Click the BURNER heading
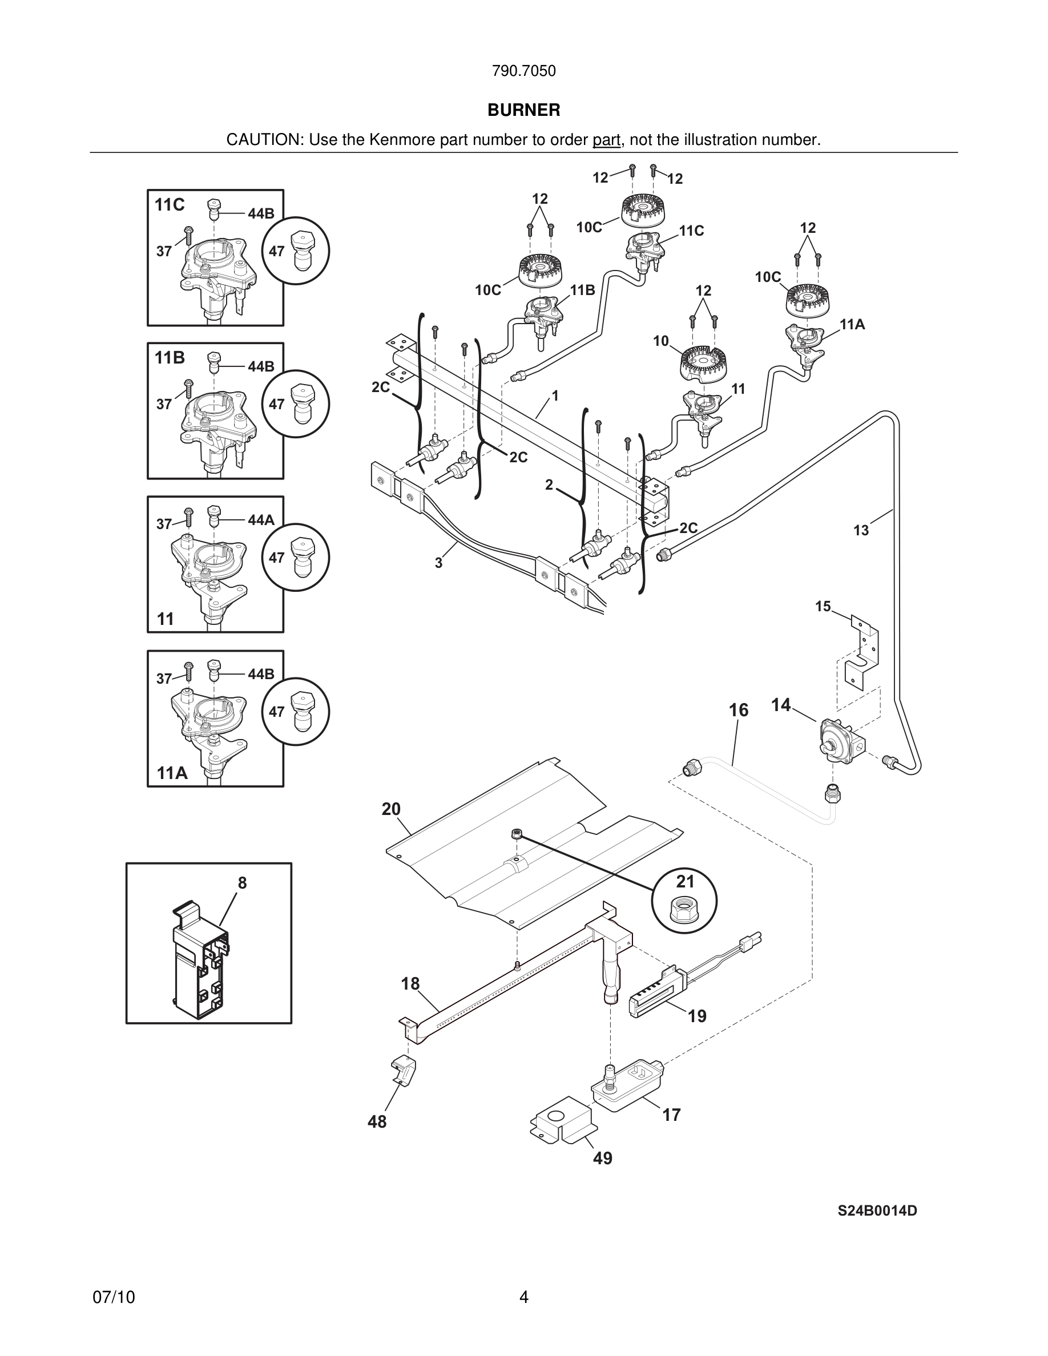[523, 110]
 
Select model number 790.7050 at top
[523, 71]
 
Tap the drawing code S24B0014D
[877, 1210]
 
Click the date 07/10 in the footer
[114, 1297]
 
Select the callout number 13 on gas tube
[861, 530]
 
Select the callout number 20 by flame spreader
[391, 809]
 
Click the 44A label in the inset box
[261, 520]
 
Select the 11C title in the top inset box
[170, 205]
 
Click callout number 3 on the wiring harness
[438, 563]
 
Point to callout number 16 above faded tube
[738, 709]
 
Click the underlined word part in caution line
[606, 140]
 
